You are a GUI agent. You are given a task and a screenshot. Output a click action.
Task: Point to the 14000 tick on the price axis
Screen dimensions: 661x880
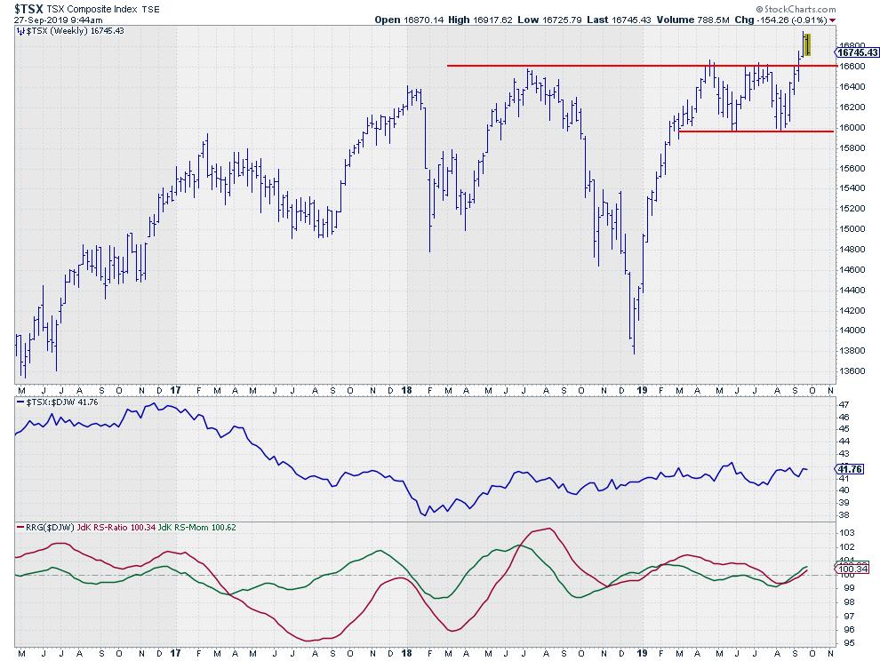[x=851, y=330]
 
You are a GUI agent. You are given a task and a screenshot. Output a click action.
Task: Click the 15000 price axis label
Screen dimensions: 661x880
[x=851, y=228]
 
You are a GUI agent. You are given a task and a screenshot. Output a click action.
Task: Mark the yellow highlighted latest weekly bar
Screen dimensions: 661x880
[x=806, y=44]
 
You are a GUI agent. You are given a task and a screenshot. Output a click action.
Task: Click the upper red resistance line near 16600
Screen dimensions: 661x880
[x=622, y=66]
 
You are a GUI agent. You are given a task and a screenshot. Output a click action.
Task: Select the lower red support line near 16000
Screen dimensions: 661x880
[x=756, y=131]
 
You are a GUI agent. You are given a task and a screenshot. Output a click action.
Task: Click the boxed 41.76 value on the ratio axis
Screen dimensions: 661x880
[x=849, y=468]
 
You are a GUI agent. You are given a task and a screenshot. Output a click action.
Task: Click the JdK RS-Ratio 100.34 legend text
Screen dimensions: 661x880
[x=114, y=528]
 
